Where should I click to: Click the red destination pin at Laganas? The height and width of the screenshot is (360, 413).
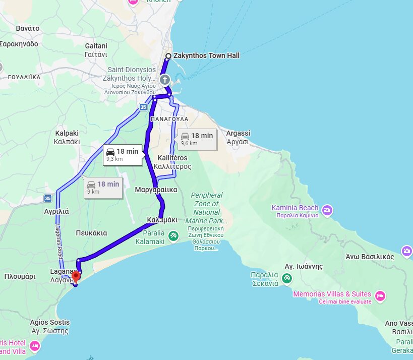(x=76, y=276)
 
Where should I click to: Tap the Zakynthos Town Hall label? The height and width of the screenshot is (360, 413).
(x=206, y=55)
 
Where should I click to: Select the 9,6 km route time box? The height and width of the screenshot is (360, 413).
(x=197, y=139)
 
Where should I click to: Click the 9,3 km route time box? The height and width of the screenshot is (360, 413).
(x=122, y=154)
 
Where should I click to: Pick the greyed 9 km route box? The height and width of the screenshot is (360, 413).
(x=103, y=187)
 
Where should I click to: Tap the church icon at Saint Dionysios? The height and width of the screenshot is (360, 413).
(x=164, y=80)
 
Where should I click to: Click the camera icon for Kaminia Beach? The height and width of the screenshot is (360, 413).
(x=327, y=210)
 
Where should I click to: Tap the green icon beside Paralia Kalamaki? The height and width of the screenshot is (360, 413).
(x=173, y=235)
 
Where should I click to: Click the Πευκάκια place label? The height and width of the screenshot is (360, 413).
(x=91, y=233)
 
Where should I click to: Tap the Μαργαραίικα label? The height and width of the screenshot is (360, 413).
(x=156, y=190)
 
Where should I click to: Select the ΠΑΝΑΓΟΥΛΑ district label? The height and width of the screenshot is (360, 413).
(x=169, y=119)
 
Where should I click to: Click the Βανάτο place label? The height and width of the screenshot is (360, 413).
(x=28, y=28)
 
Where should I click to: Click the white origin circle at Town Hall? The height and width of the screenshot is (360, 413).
(x=168, y=56)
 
